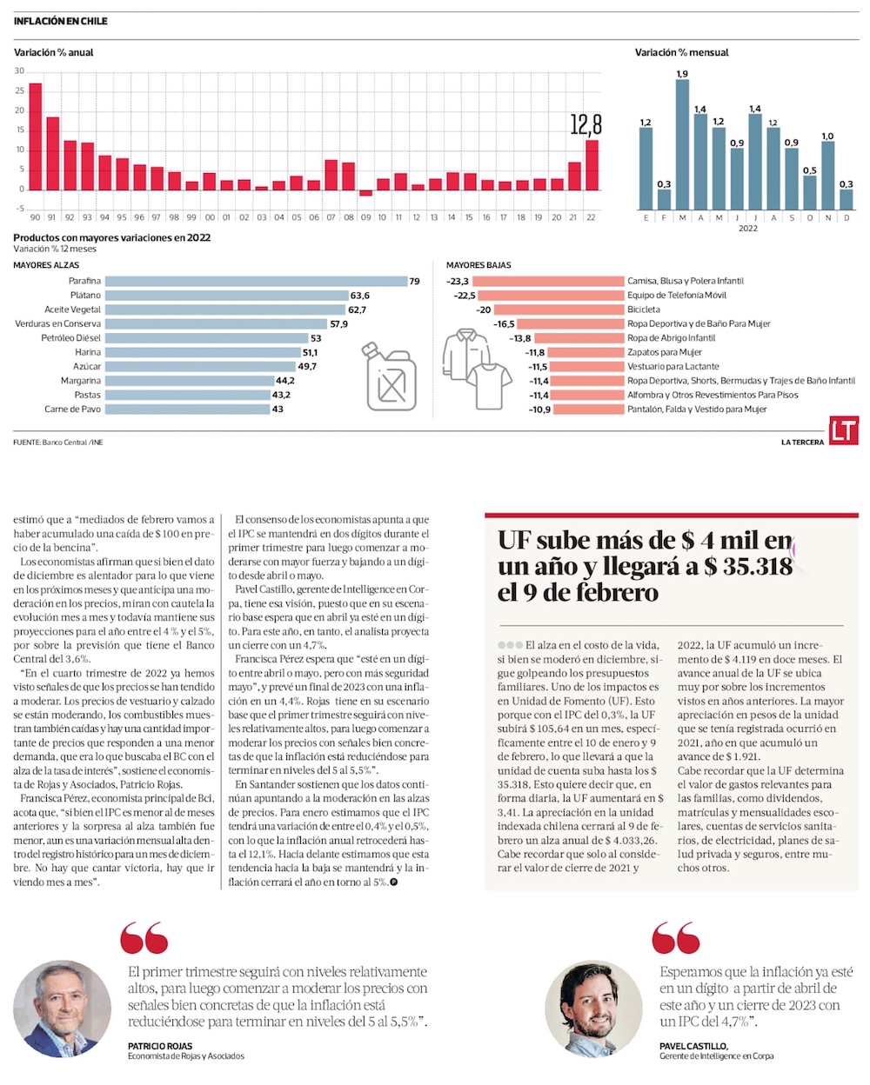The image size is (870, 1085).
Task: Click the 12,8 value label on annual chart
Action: click(x=586, y=124)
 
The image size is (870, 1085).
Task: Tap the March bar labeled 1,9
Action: click(x=682, y=144)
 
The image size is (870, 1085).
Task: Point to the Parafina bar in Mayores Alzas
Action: click(x=256, y=281)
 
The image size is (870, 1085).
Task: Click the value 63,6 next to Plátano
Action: click(x=360, y=296)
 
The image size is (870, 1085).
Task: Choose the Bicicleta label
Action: click(x=644, y=310)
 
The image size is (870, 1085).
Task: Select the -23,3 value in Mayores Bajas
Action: click(x=458, y=281)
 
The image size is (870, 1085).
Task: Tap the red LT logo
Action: click(x=843, y=432)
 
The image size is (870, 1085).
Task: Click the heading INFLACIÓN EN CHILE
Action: click(x=61, y=21)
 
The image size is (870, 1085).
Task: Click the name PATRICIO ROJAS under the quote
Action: click(x=160, y=1046)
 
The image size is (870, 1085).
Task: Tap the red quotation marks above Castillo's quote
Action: click(x=675, y=939)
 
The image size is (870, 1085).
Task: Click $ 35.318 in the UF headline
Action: click(x=749, y=567)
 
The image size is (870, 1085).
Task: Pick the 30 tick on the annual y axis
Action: click(x=19, y=71)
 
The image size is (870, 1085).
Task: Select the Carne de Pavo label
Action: click(x=73, y=409)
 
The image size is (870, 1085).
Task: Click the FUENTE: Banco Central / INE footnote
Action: click(x=58, y=443)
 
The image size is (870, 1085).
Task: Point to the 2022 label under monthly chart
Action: click(x=748, y=229)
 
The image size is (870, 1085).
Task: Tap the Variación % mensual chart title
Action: click(x=682, y=53)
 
